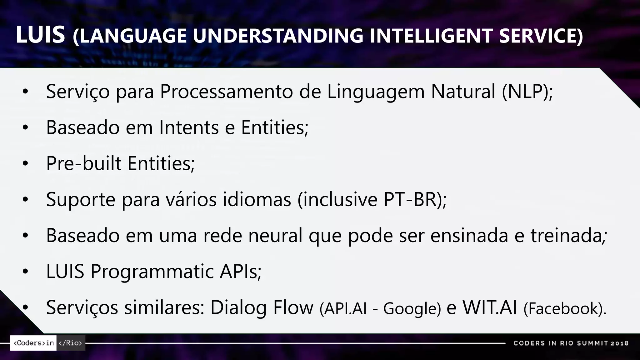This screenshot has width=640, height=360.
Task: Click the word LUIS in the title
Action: (40, 35)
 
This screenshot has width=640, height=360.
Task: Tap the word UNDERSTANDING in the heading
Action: (278, 36)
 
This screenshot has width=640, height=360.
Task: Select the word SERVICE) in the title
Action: (541, 36)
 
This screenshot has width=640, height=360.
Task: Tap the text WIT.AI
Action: (489, 307)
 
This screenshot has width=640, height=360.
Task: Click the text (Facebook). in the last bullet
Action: (565, 309)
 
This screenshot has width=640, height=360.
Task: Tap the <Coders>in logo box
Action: (33, 343)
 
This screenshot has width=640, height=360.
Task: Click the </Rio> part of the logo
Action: (71, 343)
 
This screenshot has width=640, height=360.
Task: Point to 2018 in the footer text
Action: (620, 343)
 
